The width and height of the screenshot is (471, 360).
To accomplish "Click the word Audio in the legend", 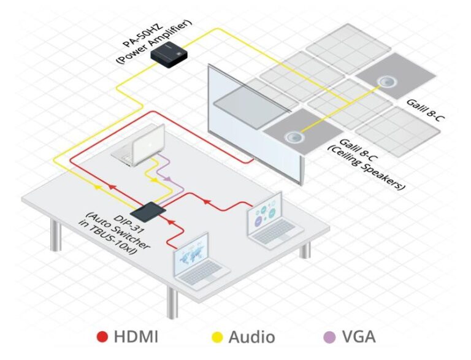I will pos(251,336).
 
